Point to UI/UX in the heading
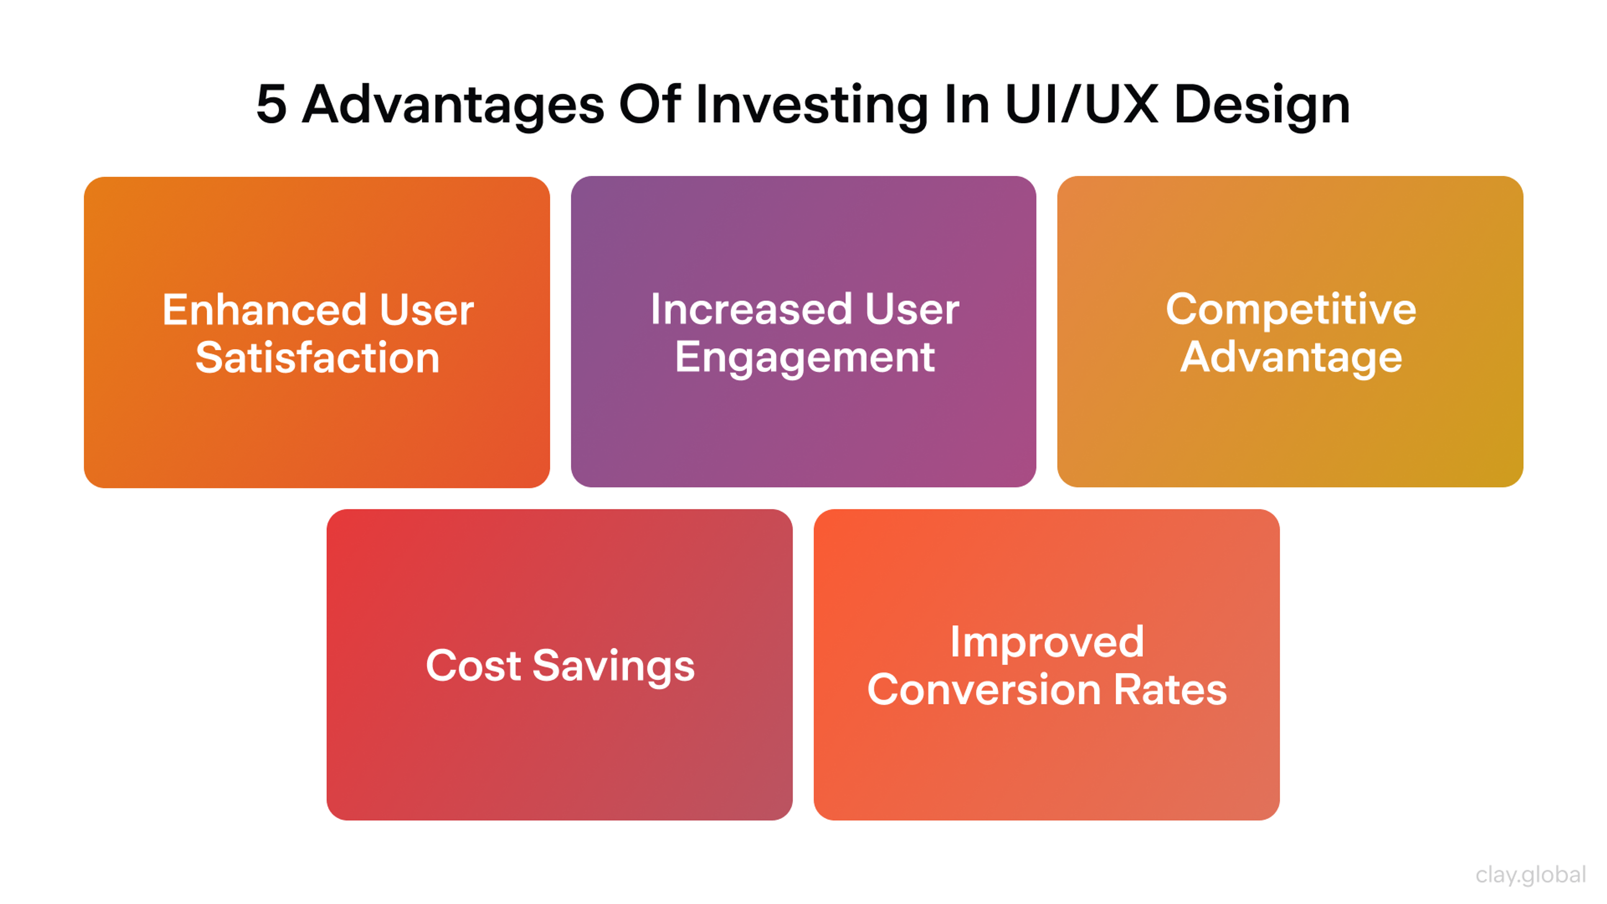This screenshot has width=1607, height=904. [1082, 104]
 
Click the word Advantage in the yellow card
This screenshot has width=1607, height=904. [1291, 359]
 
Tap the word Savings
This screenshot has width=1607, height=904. [613, 666]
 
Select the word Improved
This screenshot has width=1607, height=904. [1046, 642]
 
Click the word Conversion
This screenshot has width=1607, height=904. [983, 690]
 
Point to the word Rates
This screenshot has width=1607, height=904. [1171, 690]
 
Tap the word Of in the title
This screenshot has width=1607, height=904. [649, 104]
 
